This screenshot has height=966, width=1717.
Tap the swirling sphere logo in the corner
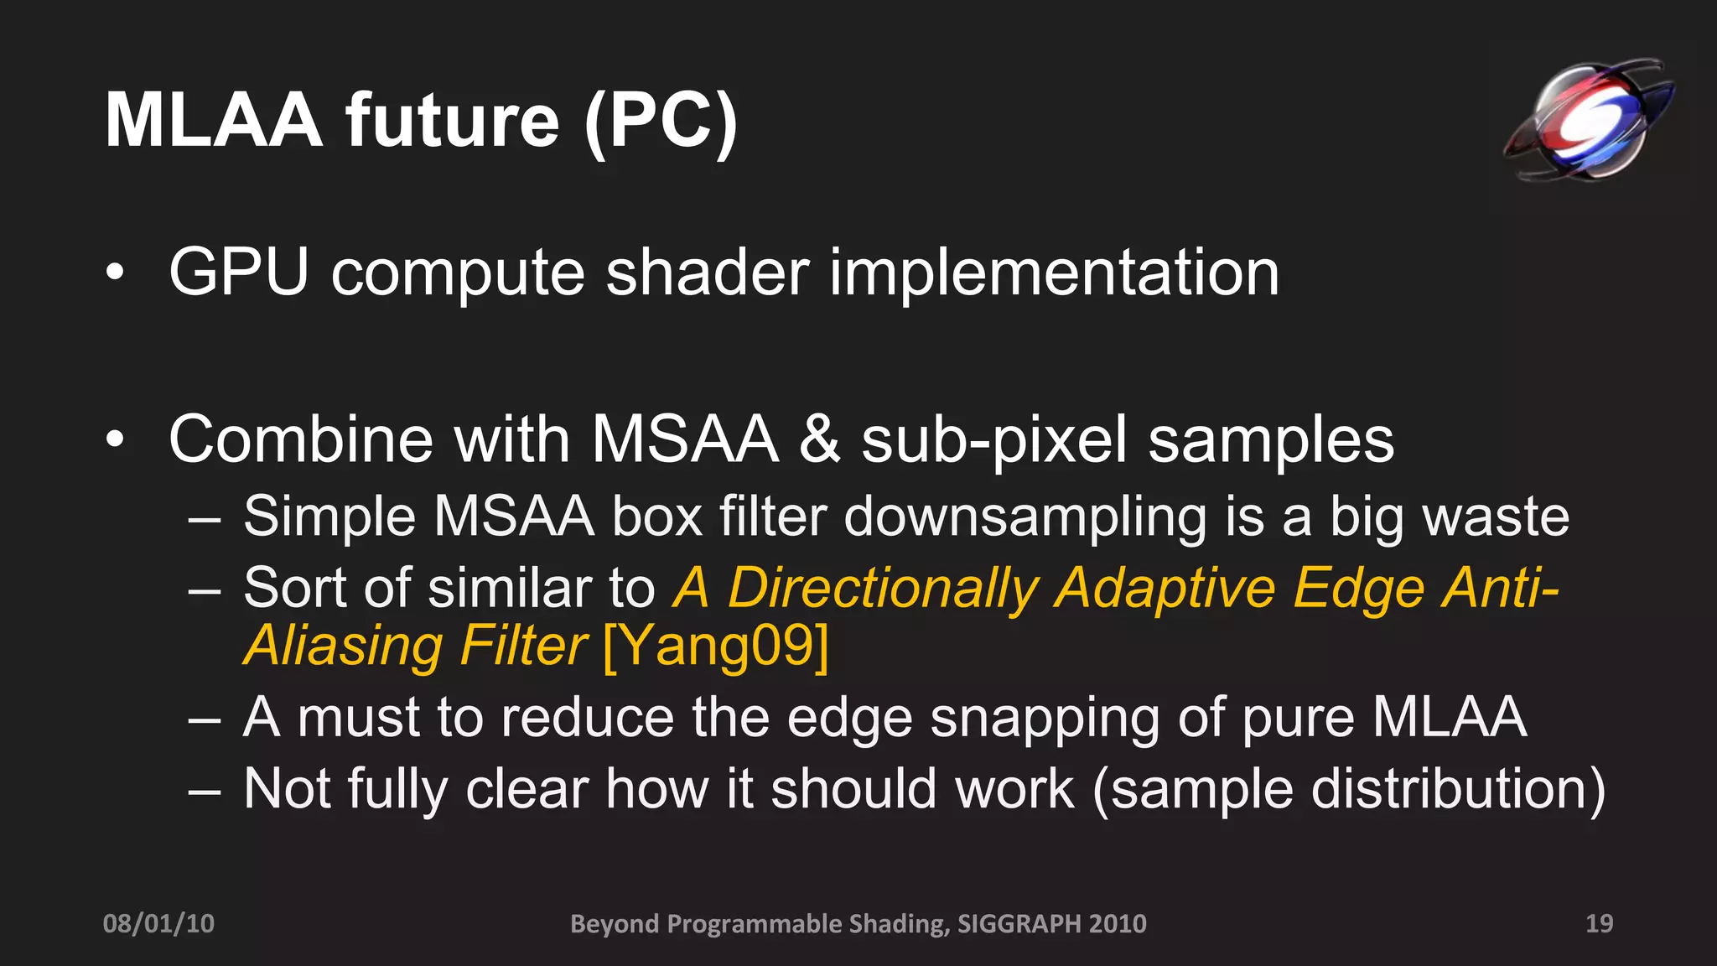click(x=1588, y=120)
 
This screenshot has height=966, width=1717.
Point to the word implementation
click(x=1054, y=273)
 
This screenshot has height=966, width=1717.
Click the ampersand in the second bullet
click(x=819, y=439)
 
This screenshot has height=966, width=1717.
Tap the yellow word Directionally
click(x=883, y=589)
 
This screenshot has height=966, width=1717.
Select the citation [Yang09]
click(x=715, y=646)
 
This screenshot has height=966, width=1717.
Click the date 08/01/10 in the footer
click(x=158, y=923)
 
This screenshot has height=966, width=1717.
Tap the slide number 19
click(x=1599, y=923)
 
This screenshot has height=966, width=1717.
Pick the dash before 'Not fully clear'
click(x=205, y=790)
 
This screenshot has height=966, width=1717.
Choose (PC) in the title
click(x=661, y=122)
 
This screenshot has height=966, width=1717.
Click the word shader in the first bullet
click(x=707, y=273)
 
